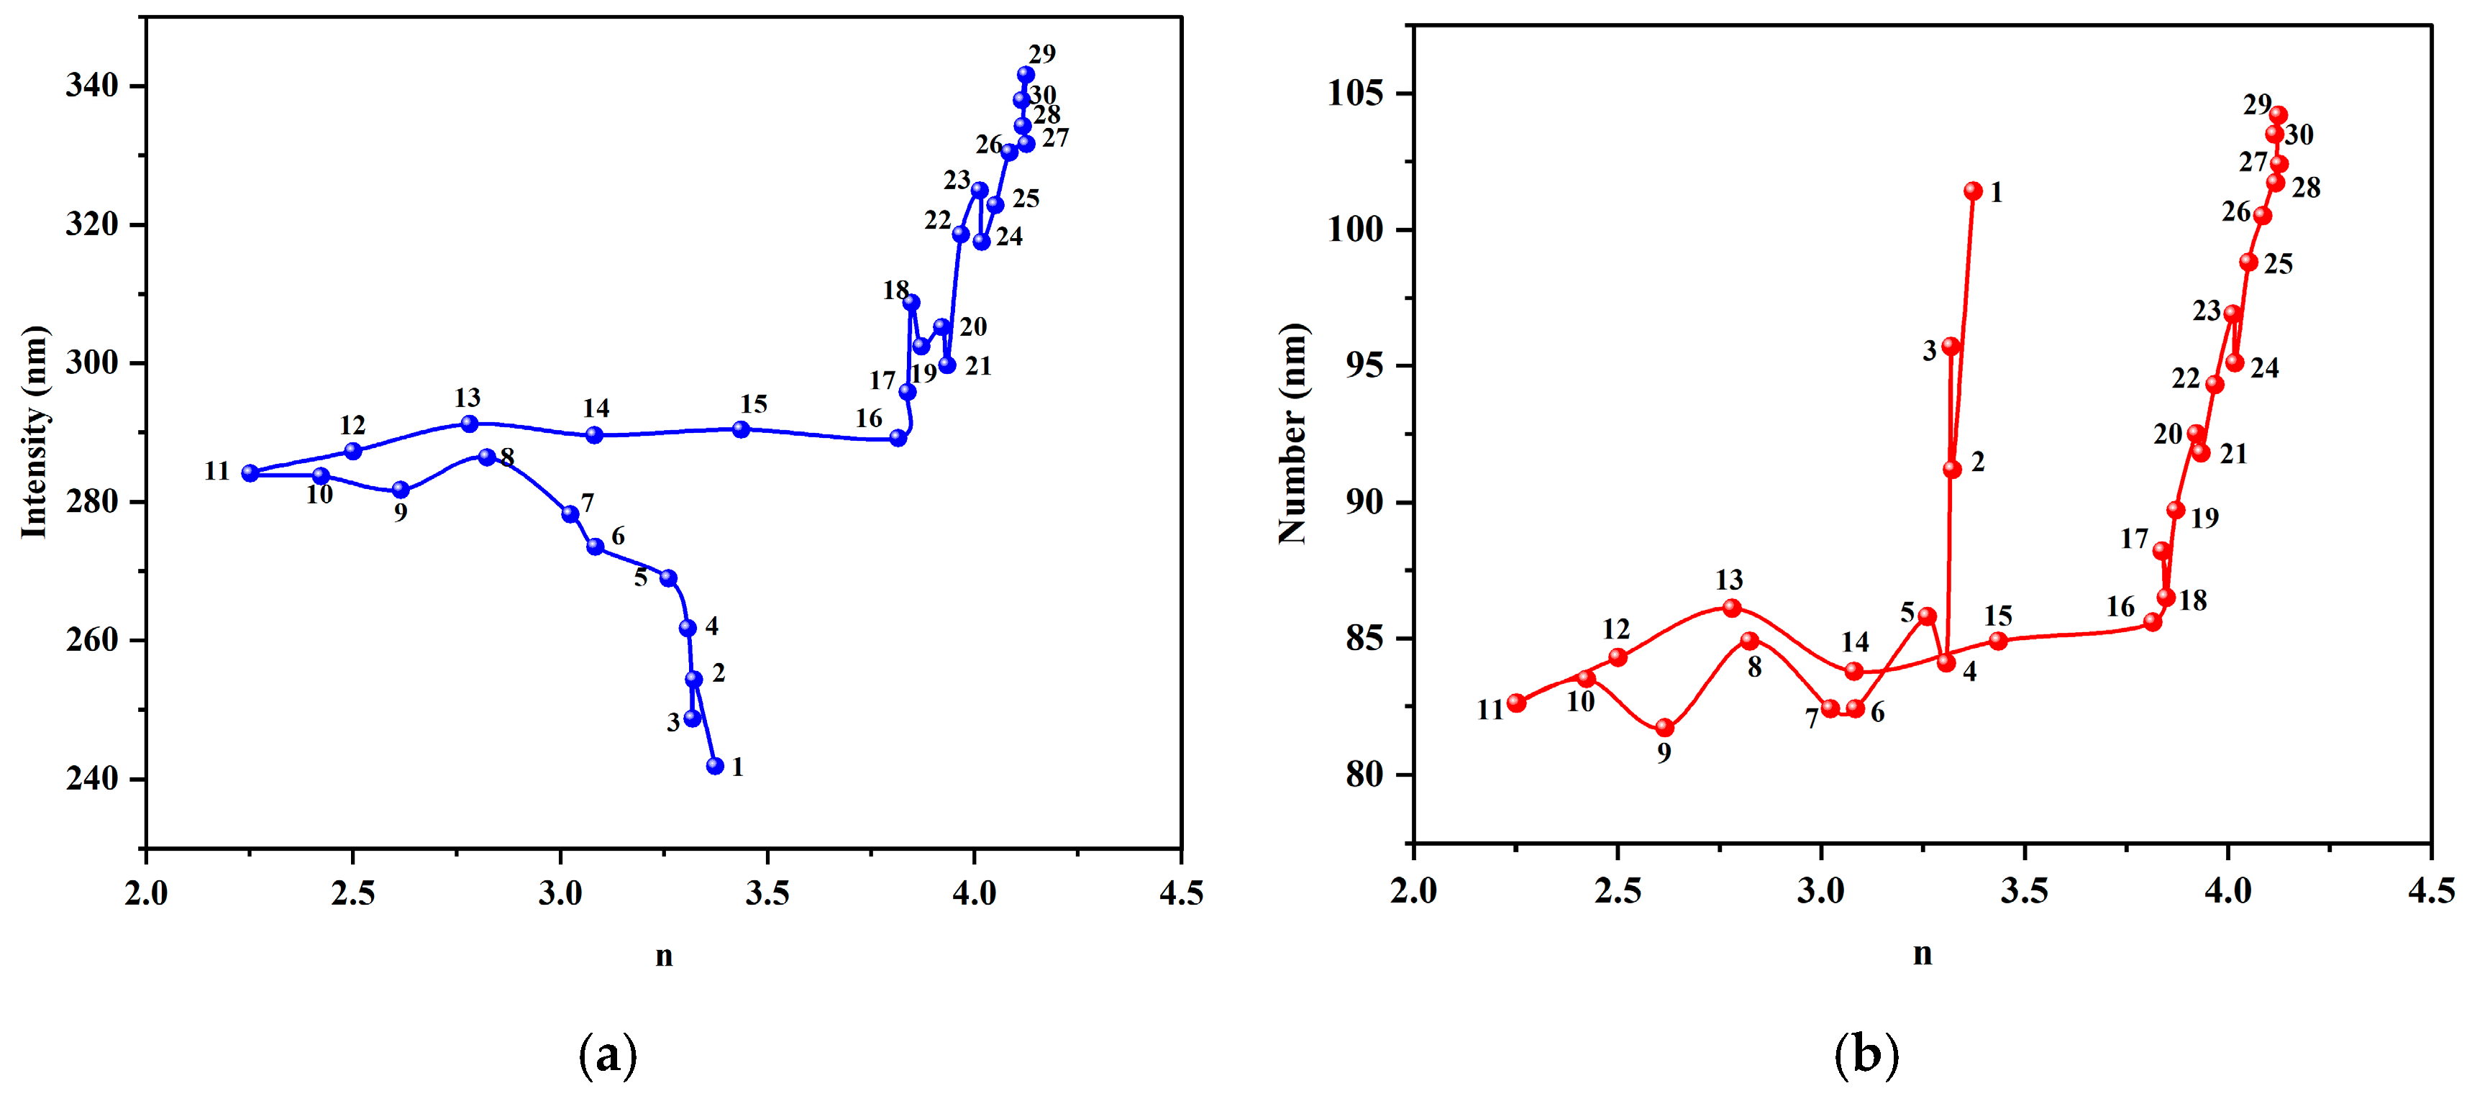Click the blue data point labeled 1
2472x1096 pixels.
[715, 766]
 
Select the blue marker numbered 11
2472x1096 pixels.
[250, 473]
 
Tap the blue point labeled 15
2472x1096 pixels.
[741, 429]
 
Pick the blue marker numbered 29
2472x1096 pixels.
[1026, 75]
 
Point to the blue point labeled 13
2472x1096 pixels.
[469, 424]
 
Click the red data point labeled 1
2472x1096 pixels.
[1973, 191]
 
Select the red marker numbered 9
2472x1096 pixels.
[1665, 728]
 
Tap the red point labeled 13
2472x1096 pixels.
[1732, 608]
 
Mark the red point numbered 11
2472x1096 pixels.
[1516, 703]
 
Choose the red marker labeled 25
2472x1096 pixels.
[2248, 262]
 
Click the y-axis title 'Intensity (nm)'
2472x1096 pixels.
[34, 432]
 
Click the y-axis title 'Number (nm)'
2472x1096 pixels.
[1292, 434]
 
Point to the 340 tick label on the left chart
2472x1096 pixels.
[91, 86]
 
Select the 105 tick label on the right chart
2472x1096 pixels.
[1356, 94]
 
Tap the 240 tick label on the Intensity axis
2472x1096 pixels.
[91, 778]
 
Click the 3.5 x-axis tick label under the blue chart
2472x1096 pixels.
[767, 893]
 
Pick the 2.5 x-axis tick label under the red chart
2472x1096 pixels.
[1618, 890]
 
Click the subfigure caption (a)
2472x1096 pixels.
[608, 1056]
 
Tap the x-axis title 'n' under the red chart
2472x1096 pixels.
[1922, 954]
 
